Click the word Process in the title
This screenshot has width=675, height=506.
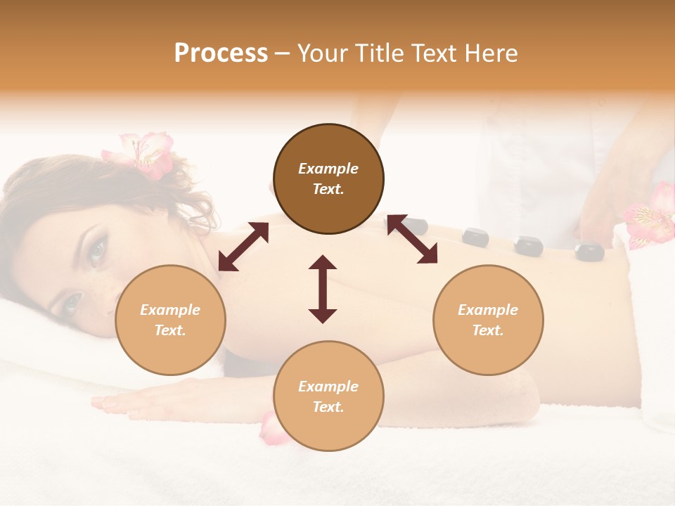point(221,53)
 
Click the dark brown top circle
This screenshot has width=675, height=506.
point(328,179)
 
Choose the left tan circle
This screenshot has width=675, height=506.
point(170,320)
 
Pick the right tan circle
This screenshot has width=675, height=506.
point(488,320)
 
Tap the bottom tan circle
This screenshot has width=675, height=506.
point(328,396)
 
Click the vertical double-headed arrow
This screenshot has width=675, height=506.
point(323,289)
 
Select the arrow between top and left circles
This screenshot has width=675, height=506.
point(243,247)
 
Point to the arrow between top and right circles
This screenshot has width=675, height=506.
point(412,240)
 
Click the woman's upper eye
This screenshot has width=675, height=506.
point(96,249)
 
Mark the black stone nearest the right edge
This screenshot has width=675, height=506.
point(589,250)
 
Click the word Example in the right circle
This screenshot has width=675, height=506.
point(488,310)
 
